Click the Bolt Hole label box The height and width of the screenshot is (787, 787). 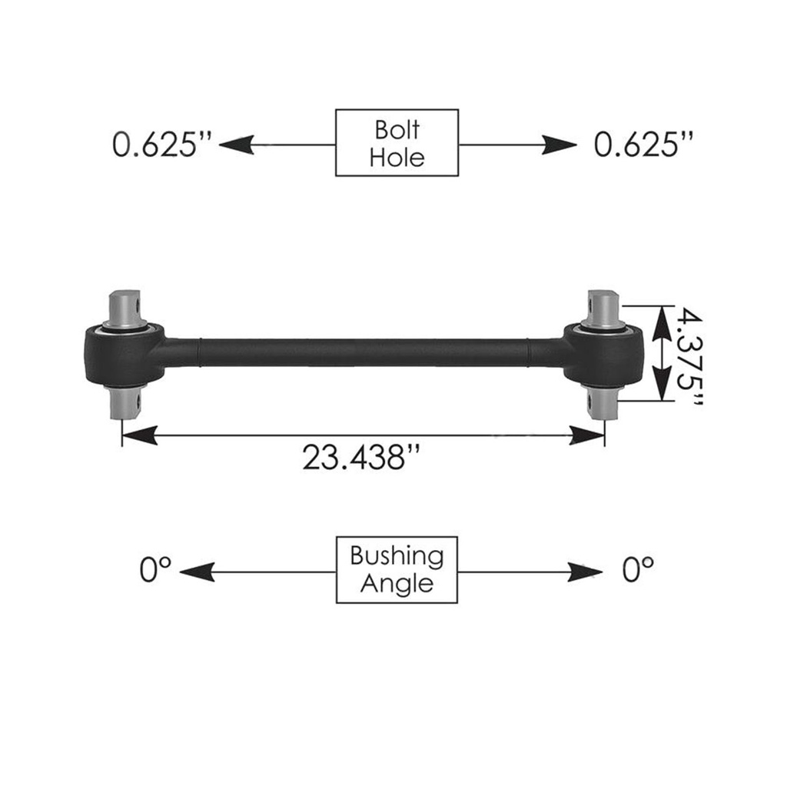[x=397, y=142]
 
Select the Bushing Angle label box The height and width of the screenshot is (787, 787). [x=397, y=569]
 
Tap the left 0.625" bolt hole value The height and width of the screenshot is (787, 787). [x=162, y=145]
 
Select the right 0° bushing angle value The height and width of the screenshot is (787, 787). [x=637, y=571]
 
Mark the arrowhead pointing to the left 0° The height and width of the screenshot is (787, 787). [x=197, y=572]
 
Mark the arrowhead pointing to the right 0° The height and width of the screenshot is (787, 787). [x=585, y=572]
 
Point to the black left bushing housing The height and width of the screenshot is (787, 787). [x=124, y=355]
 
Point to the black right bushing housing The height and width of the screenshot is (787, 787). [x=604, y=355]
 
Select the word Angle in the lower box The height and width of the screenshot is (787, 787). [x=397, y=584]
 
